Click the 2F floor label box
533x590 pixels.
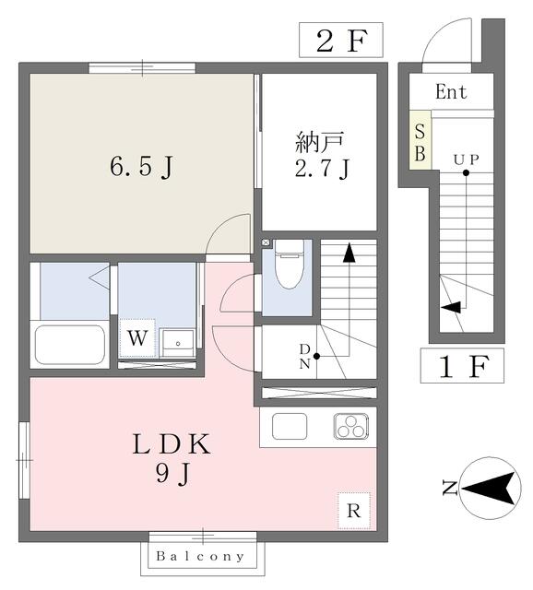[341, 40]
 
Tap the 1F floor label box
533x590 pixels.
[462, 365]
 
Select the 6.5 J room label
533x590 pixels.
[142, 166]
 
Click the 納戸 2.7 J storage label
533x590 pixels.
[322, 155]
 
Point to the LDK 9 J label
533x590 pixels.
[172, 458]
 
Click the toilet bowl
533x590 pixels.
[289, 264]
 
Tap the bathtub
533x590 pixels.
[70, 345]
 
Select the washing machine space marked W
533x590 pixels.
[137, 338]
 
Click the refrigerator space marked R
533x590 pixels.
[354, 511]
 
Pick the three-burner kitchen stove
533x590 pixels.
[350, 426]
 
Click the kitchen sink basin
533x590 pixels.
[290, 426]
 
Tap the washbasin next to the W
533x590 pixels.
[177, 343]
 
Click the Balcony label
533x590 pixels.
[200, 556]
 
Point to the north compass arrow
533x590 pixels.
[488, 488]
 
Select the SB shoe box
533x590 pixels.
[420, 140]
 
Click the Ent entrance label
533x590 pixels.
[451, 91]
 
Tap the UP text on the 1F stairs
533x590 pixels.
[466, 159]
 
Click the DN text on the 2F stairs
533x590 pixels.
[304, 357]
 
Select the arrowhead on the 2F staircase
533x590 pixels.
[349, 253]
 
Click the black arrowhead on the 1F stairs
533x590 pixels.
[451, 307]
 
